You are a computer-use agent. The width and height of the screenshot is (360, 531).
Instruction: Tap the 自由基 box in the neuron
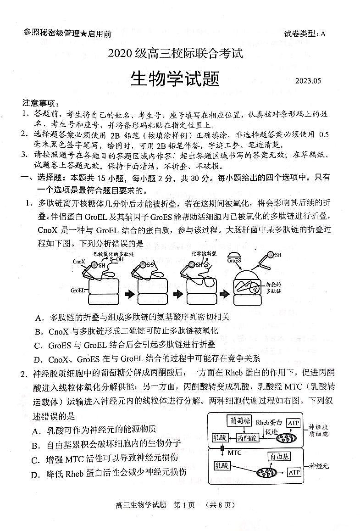tap(279, 457)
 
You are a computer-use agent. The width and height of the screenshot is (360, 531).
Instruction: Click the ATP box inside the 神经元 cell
tap(294, 472)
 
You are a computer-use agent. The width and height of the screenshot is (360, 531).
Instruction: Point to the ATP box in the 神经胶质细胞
tap(294, 422)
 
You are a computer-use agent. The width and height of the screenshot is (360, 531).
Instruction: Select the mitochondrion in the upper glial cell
tap(285, 438)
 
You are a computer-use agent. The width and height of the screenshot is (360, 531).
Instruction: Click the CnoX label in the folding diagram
tap(78, 262)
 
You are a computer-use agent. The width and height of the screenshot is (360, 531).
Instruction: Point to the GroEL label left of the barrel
tap(78, 290)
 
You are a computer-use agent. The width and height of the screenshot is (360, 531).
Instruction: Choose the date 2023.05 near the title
tap(309, 81)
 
